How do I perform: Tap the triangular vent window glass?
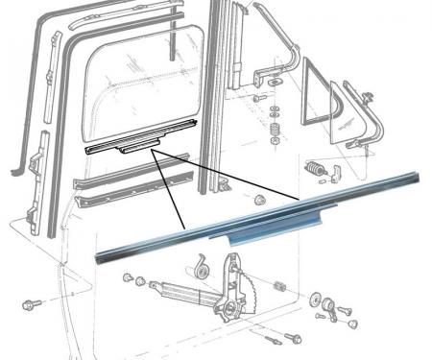(317, 97)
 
